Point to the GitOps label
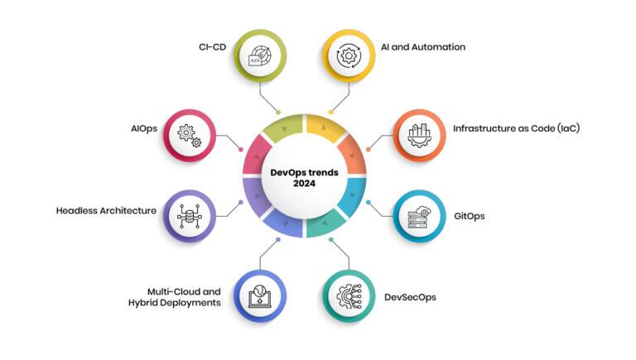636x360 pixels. tap(469, 216)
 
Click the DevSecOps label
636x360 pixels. tap(410, 296)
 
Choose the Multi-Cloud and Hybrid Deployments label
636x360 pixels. tap(183, 296)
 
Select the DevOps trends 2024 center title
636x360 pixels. tap(306, 178)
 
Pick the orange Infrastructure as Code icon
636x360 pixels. tap(422, 135)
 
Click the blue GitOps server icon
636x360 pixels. tap(419, 215)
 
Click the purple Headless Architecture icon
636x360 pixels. tap(190, 215)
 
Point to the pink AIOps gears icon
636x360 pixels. tap(190, 135)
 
